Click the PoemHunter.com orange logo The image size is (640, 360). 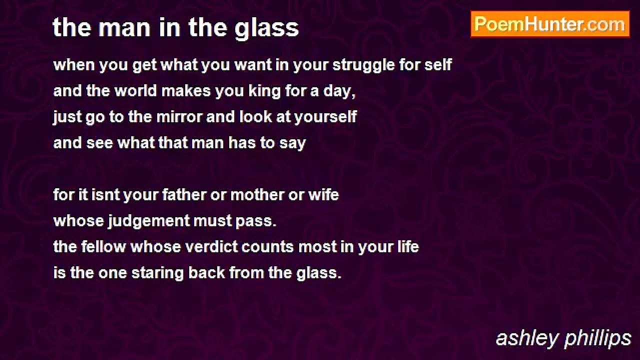pos(550,24)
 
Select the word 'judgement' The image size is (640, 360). pos(149,221)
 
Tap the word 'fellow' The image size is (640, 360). pos(103,247)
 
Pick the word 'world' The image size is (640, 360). pos(135,91)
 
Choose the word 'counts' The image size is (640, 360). pos(267,247)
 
